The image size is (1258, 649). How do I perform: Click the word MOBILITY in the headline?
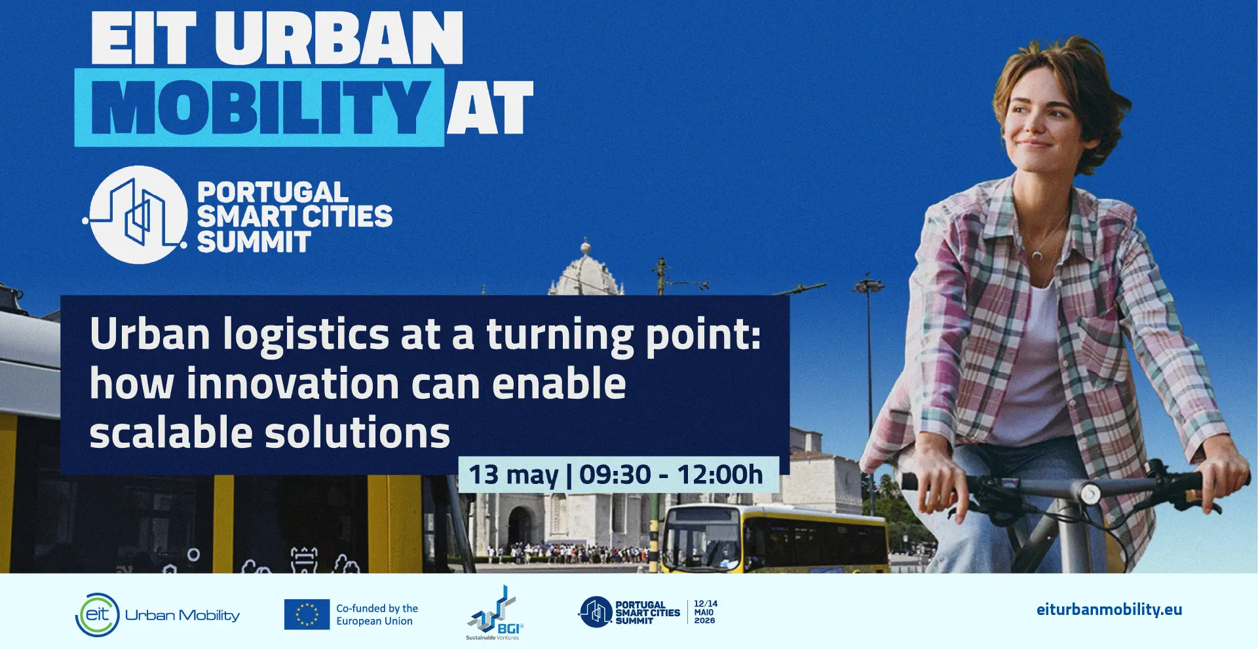260,107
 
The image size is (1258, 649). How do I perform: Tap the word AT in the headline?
490,107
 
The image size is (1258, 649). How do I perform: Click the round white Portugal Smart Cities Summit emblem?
138,215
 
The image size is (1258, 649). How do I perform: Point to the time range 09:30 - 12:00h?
671,474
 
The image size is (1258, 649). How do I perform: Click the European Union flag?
307,614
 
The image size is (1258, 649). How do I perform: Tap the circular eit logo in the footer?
98,615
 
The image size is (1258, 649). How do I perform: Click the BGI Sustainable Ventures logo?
495,614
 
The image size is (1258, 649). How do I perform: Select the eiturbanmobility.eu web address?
1109,610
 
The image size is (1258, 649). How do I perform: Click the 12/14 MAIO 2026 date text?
705,612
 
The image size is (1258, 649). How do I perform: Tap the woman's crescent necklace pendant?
1037,254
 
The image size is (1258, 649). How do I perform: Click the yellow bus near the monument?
773,538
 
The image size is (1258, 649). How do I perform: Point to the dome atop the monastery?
586,272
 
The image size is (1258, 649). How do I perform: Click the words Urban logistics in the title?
239,335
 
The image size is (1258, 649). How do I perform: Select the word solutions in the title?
357,433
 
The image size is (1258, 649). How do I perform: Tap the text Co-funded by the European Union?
377,615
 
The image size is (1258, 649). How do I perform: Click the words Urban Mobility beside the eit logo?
182,615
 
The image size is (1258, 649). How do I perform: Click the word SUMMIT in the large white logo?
254,242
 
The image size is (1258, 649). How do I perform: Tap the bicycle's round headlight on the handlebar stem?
1089,492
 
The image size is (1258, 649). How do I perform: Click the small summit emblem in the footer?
595,612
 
